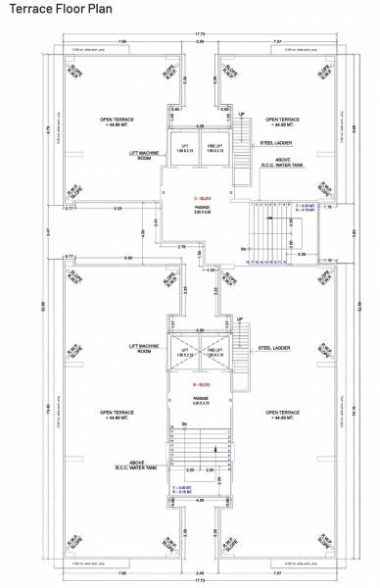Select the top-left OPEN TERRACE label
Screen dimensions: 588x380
[x=117, y=122]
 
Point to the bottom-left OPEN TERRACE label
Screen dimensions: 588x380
[x=119, y=415]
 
